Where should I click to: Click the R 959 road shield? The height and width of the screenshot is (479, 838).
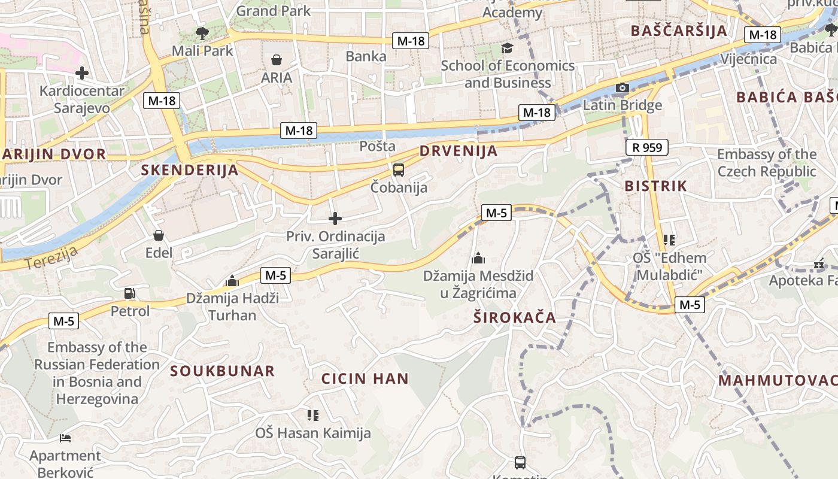646,147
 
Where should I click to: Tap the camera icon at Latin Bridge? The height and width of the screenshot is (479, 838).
623,88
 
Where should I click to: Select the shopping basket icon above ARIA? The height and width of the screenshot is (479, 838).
277,59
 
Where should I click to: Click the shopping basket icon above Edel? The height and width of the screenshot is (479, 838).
159,235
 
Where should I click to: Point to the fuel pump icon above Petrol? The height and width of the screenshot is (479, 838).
129,293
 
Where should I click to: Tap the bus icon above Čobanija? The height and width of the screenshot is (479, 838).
399,169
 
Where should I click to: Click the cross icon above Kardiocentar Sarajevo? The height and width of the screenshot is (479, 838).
82,73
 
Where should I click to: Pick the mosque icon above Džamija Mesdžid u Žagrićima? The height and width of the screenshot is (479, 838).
478,258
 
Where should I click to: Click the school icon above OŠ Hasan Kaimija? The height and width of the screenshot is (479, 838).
312,414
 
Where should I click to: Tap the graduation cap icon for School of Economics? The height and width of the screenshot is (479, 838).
508,48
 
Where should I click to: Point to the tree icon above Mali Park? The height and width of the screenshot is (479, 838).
202,32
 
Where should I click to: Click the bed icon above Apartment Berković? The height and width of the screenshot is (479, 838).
65,438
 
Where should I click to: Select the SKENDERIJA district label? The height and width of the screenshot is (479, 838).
190,170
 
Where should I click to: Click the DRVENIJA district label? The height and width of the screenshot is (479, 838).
459,151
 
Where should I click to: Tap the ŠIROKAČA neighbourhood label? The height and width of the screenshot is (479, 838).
515,317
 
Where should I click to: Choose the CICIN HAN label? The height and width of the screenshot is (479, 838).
365,378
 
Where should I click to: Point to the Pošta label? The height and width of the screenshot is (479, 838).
377,146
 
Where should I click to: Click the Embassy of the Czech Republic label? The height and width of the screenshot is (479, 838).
766,163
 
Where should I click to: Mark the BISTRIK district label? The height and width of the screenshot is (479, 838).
655,186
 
